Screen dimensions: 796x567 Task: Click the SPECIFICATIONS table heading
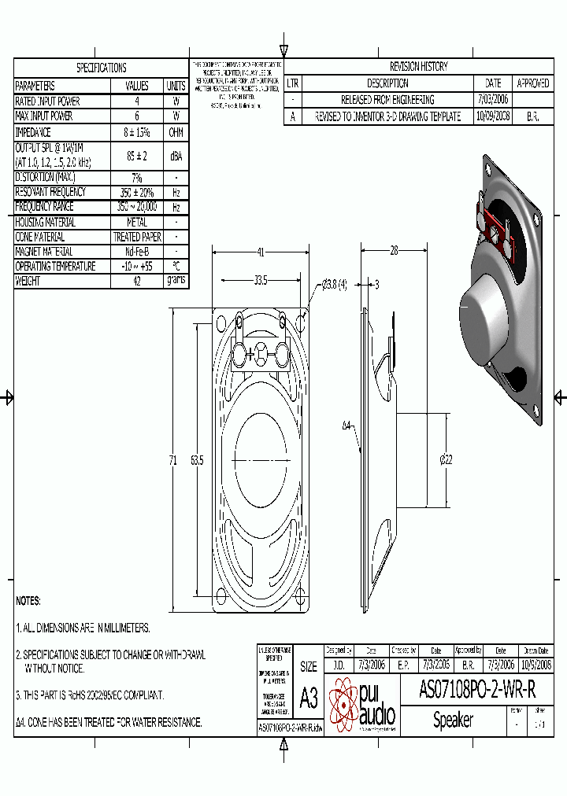pyautogui.click(x=101, y=68)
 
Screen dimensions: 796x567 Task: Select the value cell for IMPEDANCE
pyautogui.click(x=137, y=133)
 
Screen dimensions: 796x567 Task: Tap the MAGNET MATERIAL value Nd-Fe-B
pyautogui.click(x=137, y=252)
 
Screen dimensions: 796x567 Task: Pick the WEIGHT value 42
pyautogui.click(x=137, y=282)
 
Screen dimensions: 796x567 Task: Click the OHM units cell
pyautogui.click(x=176, y=133)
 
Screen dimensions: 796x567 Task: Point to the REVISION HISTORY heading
pyautogui.click(x=418, y=67)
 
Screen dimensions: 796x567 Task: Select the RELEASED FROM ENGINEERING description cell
pyautogui.click(x=387, y=100)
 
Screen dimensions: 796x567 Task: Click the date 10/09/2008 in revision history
pyautogui.click(x=493, y=116)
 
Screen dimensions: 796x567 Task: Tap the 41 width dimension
pyautogui.click(x=260, y=252)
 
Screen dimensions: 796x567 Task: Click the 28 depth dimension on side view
pyautogui.click(x=393, y=251)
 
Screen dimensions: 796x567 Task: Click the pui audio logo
pyautogui.click(x=362, y=704)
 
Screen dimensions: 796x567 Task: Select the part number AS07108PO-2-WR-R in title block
pyautogui.click(x=477, y=691)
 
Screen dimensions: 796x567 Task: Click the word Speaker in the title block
pyautogui.click(x=453, y=720)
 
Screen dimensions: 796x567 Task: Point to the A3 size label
pyautogui.click(x=308, y=698)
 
